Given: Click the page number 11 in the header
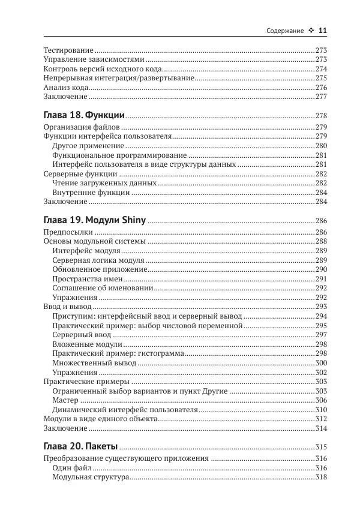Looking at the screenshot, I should click(x=322, y=31).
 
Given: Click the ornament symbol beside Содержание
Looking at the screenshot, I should click(x=310, y=31).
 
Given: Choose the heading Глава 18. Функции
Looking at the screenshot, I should click(x=85, y=115).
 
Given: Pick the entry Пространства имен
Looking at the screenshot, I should click(x=88, y=279).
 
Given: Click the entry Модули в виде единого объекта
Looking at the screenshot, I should click(x=100, y=419).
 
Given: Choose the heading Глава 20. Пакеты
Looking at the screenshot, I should click(x=81, y=447).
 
